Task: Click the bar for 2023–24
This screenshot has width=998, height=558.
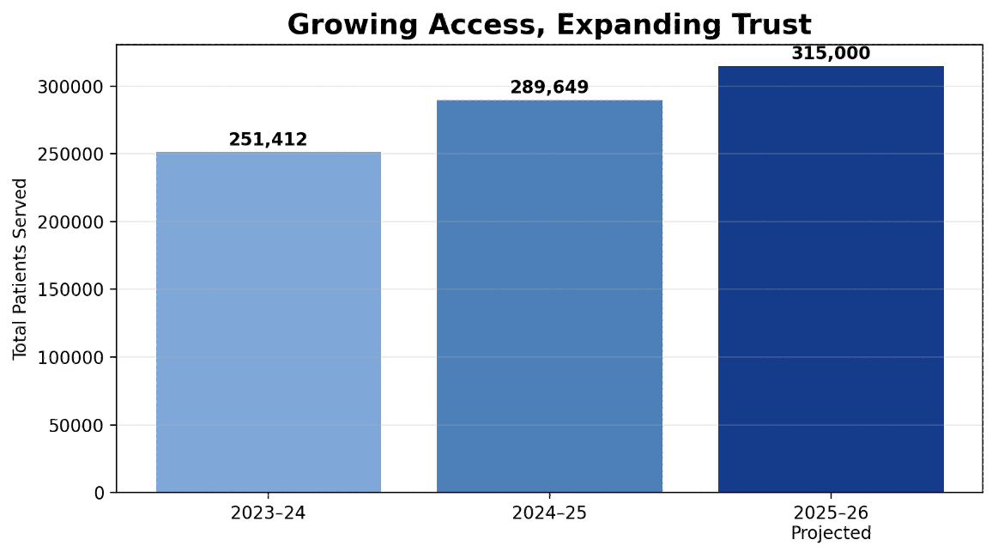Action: [268, 322]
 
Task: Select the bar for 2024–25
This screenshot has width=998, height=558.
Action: [549, 296]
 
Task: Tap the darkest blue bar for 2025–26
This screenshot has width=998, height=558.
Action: [831, 279]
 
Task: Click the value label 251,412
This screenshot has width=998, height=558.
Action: [268, 140]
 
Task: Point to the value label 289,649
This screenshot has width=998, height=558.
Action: [549, 88]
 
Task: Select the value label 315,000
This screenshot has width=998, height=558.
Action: [831, 53]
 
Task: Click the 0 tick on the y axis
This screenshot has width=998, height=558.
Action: [100, 493]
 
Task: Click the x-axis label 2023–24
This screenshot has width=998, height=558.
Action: [268, 513]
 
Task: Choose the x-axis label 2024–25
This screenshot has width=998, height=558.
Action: [549, 513]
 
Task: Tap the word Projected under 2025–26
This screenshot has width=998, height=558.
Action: [831, 533]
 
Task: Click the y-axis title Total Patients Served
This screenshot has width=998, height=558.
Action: [21, 269]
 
